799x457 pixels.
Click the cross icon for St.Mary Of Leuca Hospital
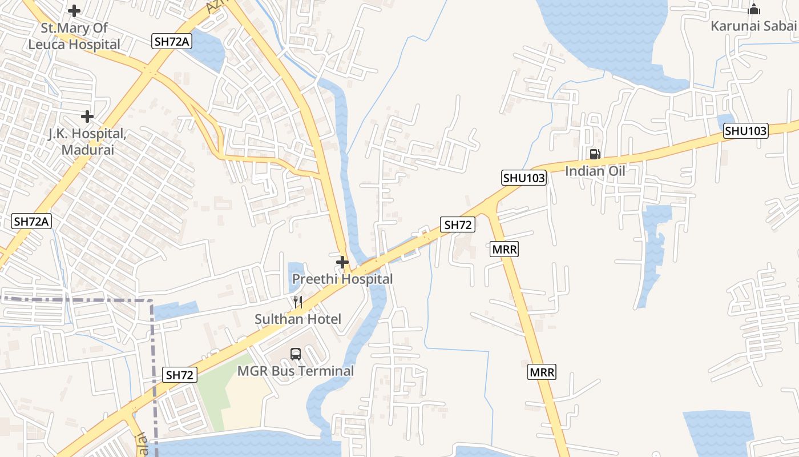click(74, 10)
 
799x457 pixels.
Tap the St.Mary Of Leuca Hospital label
click(74, 36)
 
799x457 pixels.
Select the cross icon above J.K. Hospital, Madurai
click(87, 117)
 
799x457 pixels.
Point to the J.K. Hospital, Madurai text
click(87, 142)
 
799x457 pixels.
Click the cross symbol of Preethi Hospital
click(342, 262)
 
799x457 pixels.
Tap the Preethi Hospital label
click(342, 279)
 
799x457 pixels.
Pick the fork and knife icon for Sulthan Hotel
click(297, 302)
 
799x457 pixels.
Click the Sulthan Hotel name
click(298, 319)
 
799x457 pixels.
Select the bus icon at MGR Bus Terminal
click(295, 354)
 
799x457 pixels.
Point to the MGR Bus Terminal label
click(296, 371)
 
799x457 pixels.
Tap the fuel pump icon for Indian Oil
click(595, 154)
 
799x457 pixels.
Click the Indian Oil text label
click(595, 171)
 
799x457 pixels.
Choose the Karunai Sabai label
click(753, 26)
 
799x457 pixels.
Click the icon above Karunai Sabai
click(754, 9)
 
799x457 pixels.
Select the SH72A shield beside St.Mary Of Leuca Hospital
click(171, 41)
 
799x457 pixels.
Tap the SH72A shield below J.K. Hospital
click(31, 222)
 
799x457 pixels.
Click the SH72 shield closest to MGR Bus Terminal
click(180, 375)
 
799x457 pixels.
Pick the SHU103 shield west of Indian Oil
click(524, 178)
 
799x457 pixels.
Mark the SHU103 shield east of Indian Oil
click(746, 131)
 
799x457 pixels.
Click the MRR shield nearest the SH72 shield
click(504, 249)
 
